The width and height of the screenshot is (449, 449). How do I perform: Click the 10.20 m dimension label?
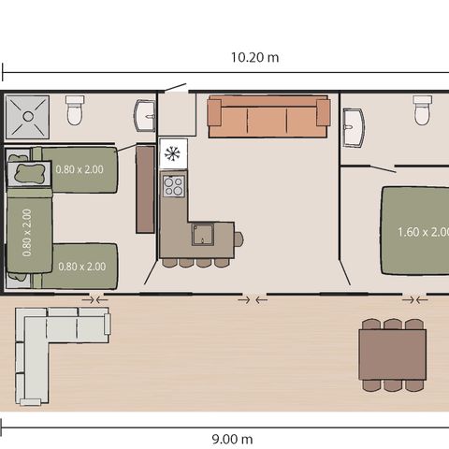pyautogui.click(x=254, y=58)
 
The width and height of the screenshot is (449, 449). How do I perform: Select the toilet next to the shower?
pyautogui.click(x=76, y=113)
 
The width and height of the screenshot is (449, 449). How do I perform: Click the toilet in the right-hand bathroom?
pyautogui.click(x=422, y=112)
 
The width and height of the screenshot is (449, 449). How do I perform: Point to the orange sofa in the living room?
pyautogui.click(x=269, y=117)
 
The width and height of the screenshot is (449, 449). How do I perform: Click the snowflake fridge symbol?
pyautogui.click(x=173, y=152)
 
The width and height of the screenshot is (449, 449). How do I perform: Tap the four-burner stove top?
pyautogui.click(x=174, y=185)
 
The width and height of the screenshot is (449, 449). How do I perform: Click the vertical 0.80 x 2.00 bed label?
pyautogui.click(x=27, y=232)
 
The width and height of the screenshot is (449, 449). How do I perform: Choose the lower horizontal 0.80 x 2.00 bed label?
pyautogui.click(x=81, y=267)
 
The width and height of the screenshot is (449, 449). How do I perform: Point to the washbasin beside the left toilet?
pyautogui.click(x=144, y=116)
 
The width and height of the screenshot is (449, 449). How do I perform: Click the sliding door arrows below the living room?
pyautogui.click(x=252, y=300)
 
